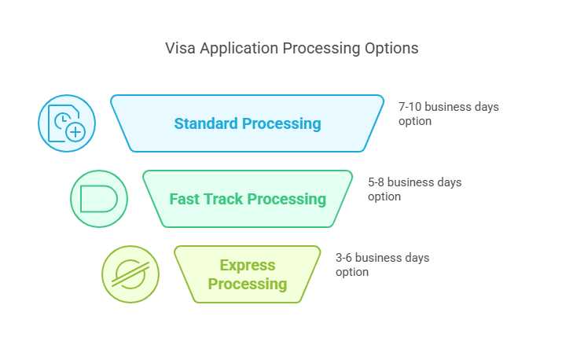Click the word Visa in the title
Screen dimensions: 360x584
(x=180, y=48)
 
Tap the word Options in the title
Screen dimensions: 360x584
(x=391, y=48)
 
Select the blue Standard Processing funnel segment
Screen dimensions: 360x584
(x=247, y=123)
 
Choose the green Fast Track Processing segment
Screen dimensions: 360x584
(x=247, y=199)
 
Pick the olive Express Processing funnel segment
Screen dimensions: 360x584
(x=247, y=274)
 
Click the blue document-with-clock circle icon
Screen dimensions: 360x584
(x=67, y=123)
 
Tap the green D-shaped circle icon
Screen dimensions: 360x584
(x=98, y=199)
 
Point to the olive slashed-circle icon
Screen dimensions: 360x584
(x=130, y=274)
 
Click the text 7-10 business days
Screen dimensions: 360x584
(x=448, y=107)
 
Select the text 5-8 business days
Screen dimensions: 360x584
(x=414, y=182)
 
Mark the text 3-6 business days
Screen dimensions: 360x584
(x=382, y=258)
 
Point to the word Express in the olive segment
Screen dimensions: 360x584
(x=248, y=265)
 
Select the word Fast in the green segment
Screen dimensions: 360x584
(x=185, y=199)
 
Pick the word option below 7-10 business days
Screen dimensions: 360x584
(x=415, y=121)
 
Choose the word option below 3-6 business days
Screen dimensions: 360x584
(x=351, y=272)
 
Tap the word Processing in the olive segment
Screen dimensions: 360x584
(x=248, y=284)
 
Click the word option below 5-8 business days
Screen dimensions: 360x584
(x=384, y=197)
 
